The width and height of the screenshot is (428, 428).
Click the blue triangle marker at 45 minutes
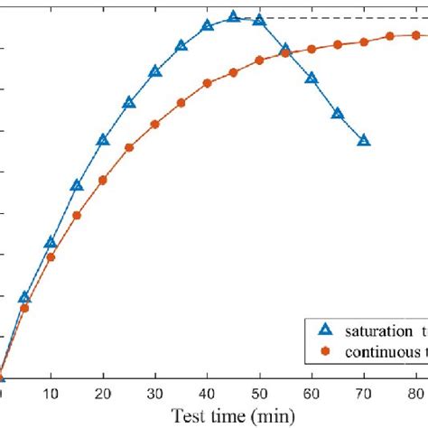pos(233,17)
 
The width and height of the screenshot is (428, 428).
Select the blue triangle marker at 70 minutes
pos(364,141)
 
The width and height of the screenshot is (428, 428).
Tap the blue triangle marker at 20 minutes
pos(103,140)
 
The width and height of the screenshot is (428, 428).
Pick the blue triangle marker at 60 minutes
pos(312,79)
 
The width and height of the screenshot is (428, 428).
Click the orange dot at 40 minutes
pos(207,83)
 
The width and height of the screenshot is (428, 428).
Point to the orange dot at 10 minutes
pos(51,257)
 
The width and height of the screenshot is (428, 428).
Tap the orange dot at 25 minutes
pos(129,147)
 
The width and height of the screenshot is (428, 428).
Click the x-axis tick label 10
pos(51,394)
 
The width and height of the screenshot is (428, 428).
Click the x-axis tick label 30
pos(154,394)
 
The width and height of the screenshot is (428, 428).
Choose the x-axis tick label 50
pos(259,394)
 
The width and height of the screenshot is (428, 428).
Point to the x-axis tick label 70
pos(364,394)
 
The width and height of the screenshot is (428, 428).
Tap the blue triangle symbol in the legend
pos(322,331)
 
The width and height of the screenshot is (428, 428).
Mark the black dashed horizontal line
pos(343,18)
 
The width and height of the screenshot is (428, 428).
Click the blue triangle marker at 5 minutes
pos(24,297)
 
